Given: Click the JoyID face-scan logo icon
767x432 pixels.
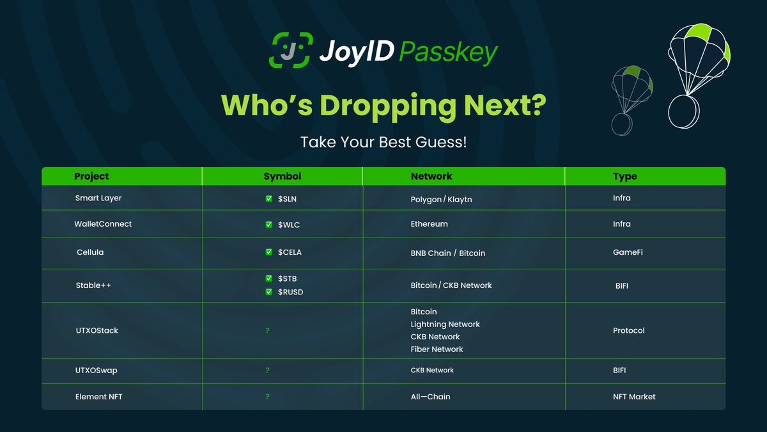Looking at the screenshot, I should pyautogui.click(x=290, y=51).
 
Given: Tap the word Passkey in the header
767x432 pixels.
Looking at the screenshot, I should pyautogui.click(x=448, y=52).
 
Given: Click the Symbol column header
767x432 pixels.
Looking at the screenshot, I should pyautogui.click(x=282, y=176).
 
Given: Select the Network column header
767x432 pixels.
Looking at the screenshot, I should pyautogui.click(x=431, y=176).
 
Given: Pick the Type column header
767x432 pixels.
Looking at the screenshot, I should pyautogui.click(x=624, y=176).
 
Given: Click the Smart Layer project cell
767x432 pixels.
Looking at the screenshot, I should pyautogui.click(x=98, y=198).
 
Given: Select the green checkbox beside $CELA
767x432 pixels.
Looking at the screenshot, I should pyautogui.click(x=269, y=252).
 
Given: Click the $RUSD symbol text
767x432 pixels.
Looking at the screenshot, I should pyautogui.click(x=290, y=292).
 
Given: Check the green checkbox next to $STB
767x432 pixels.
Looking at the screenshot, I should pyautogui.click(x=269, y=278).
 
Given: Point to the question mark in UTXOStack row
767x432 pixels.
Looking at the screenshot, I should pyautogui.click(x=268, y=331).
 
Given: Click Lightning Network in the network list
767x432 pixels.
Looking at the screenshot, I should pyautogui.click(x=445, y=324).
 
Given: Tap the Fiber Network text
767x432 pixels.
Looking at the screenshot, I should pyautogui.click(x=437, y=349).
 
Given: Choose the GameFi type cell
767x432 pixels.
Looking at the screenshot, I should pyautogui.click(x=628, y=252).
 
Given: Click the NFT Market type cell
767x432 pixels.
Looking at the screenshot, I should pyautogui.click(x=633, y=397).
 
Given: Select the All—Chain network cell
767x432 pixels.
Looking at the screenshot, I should pyautogui.click(x=430, y=397).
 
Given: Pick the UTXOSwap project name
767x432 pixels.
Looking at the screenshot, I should pyautogui.click(x=97, y=370).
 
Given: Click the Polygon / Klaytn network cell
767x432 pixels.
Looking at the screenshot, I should pyautogui.click(x=441, y=199).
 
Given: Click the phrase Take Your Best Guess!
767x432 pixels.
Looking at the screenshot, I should pyautogui.click(x=383, y=142).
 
